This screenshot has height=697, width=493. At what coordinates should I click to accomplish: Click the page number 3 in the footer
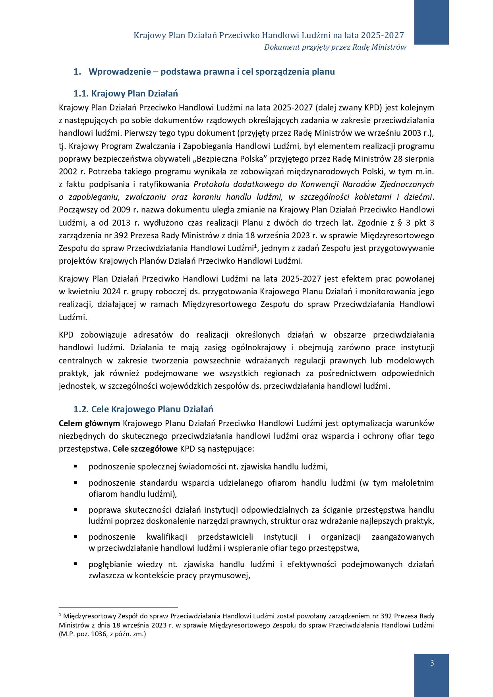click(x=432, y=663)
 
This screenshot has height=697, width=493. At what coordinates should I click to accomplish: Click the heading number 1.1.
click(x=81, y=94)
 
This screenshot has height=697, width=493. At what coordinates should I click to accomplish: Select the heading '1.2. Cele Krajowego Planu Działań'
click(x=143, y=409)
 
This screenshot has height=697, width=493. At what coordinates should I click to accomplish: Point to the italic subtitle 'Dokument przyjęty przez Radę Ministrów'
click(x=335, y=47)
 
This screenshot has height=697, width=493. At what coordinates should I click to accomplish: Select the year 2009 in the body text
click(x=121, y=210)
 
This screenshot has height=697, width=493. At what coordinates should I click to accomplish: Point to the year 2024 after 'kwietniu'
click(x=111, y=292)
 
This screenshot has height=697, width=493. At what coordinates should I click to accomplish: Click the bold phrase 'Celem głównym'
click(x=89, y=423)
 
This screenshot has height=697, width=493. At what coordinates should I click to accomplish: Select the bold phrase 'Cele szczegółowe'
click(x=145, y=449)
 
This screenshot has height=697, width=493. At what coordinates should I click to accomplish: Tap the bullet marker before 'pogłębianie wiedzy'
click(x=75, y=564)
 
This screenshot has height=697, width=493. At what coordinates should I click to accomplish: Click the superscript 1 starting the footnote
click(x=60, y=614)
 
